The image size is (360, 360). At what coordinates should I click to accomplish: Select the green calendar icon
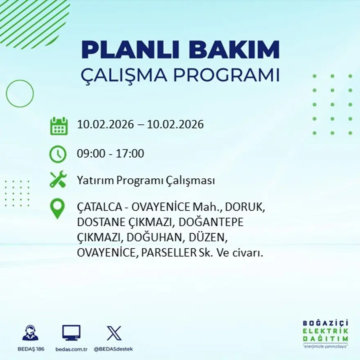tap(59, 126)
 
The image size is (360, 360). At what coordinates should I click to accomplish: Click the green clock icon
tap(58, 154)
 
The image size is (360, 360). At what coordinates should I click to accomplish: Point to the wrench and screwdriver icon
tap(58, 180)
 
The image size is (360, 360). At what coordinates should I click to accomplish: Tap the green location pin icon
tap(58, 208)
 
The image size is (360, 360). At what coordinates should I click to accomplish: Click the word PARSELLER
tap(169, 253)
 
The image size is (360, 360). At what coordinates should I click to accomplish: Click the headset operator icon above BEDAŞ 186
tap(30, 333)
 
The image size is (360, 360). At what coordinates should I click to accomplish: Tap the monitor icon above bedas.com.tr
tap(71, 333)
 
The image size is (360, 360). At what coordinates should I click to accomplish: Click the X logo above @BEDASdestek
tap(114, 333)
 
